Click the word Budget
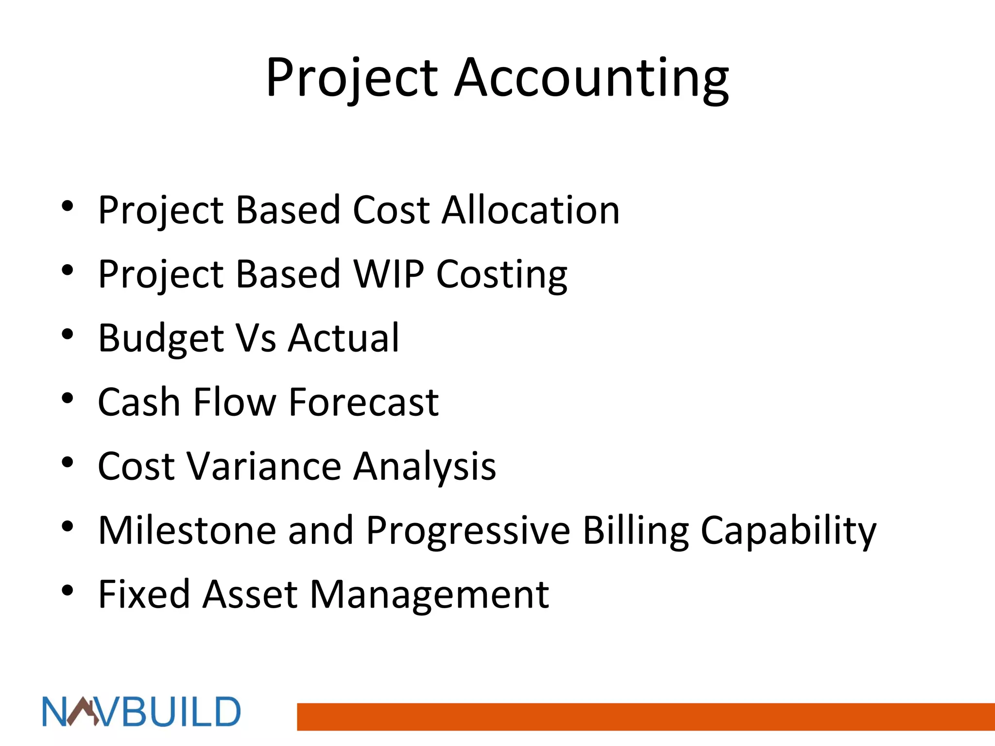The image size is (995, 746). tap(161, 339)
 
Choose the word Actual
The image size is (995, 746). tap(343, 339)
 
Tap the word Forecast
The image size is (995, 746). tap(364, 403)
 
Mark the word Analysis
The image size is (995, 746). tap(425, 467)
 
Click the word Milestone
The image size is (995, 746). tap(187, 531)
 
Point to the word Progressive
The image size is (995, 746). tap(468, 531)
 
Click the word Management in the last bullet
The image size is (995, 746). tap(429, 595)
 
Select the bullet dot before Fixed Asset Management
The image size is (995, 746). tap(68, 591)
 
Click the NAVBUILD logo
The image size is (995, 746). tap(141, 712)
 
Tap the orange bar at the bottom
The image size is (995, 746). tap(646, 716)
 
